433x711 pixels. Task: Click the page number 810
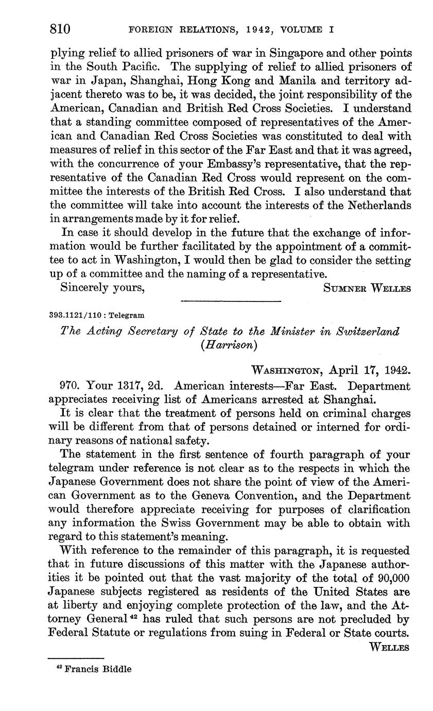[60, 29]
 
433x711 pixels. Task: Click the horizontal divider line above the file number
[231, 301]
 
